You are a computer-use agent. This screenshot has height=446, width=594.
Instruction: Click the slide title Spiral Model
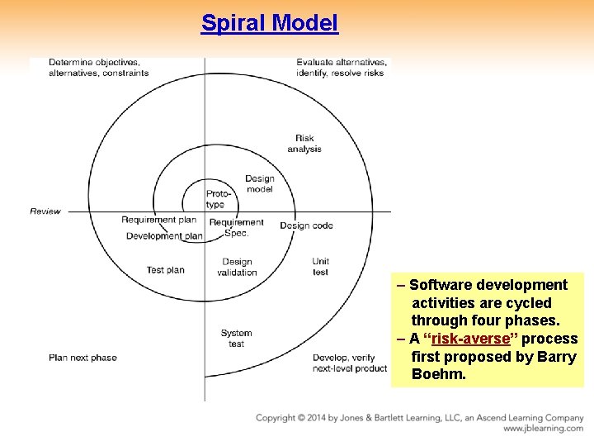tap(270, 23)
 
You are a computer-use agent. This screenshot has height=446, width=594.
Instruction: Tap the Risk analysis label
tap(304, 144)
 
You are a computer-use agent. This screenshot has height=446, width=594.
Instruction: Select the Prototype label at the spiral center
tap(215, 199)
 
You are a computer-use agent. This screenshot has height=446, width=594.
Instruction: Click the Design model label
tap(260, 183)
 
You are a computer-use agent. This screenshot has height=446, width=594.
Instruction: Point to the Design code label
tap(306, 225)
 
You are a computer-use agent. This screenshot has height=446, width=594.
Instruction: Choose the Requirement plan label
tap(158, 220)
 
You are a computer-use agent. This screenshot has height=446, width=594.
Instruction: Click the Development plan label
tap(163, 236)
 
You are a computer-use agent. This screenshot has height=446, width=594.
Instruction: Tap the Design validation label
tap(237, 268)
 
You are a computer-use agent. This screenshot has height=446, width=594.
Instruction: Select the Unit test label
tap(320, 267)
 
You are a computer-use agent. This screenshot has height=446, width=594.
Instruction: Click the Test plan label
tap(165, 270)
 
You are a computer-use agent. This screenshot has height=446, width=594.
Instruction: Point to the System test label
tap(236, 339)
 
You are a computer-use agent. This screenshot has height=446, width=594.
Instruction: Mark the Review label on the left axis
tap(45, 211)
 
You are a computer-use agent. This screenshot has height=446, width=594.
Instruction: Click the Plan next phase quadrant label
tap(82, 358)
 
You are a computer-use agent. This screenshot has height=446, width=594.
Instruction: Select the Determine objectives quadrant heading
tap(98, 67)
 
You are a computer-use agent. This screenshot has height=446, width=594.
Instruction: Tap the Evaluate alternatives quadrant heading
tap(341, 67)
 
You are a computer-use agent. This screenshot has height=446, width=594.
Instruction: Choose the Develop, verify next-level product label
tap(349, 363)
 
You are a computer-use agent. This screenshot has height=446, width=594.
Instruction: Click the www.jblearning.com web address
tap(543, 429)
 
